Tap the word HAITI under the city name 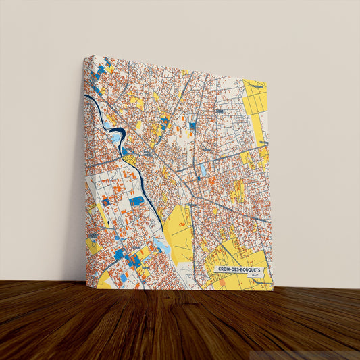pos(253,276)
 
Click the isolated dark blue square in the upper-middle pos(192,126)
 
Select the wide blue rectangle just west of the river pos(137,201)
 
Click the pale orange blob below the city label pos(222,282)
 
